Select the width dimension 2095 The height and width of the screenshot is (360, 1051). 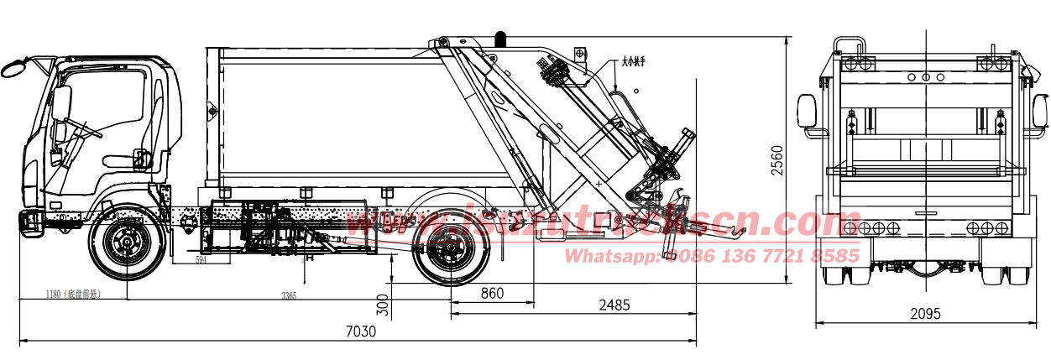[924, 314]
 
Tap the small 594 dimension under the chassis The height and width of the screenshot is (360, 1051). [201, 261]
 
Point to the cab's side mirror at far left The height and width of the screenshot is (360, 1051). [14, 67]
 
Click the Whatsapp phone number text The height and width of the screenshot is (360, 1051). [712, 255]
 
